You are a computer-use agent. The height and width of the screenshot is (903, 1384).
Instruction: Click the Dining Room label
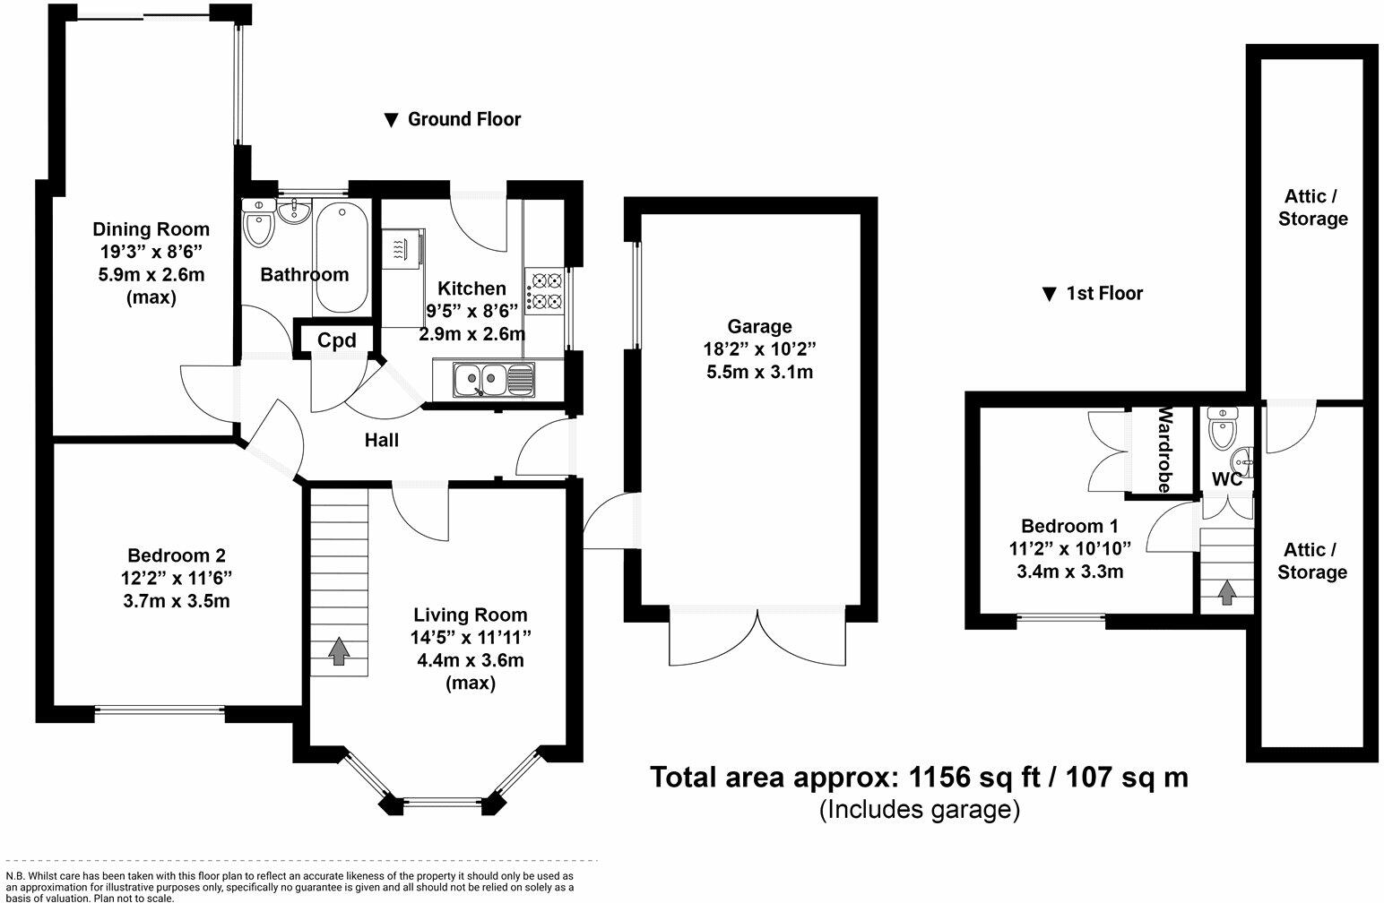pyautogui.click(x=151, y=229)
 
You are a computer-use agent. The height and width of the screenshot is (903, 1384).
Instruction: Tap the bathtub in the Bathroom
pyautogui.click(x=341, y=258)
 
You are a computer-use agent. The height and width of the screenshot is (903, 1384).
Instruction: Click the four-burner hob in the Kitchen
pyautogui.click(x=544, y=291)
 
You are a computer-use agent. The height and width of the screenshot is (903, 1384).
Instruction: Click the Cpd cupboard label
pyautogui.click(x=337, y=340)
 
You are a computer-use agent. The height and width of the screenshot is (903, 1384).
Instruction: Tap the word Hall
pyautogui.click(x=381, y=441)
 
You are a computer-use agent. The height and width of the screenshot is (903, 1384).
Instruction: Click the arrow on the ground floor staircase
pyautogui.click(x=338, y=651)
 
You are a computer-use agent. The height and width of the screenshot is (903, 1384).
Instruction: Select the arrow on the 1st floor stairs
pyautogui.click(x=1227, y=592)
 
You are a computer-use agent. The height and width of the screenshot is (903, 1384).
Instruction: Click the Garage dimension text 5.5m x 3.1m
pyautogui.click(x=759, y=373)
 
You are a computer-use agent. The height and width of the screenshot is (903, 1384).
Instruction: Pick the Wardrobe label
pyautogui.click(x=1164, y=450)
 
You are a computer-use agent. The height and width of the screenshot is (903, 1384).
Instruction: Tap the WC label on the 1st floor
pyautogui.click(x=1227, y=479)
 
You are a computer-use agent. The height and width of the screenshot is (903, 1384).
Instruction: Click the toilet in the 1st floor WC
pyautogui.click(x=1221, y=427)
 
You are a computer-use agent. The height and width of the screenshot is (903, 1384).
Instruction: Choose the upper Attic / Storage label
pyautogui.click(x=1313, y=208)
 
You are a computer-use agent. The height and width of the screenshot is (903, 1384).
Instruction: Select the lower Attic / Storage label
pyautogui.click(x=1312, y=561)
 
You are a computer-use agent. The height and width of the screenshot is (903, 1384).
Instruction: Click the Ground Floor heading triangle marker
pyautogui.click(x=391, y=120)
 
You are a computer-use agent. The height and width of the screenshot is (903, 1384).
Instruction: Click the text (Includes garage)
pyautogui.click(x=920, y=809)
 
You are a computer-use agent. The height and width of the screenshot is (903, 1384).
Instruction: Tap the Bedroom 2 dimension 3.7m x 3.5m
pyautogui.click(x=177, y=601)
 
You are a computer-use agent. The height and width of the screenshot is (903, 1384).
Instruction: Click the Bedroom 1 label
pyautogui.click(x=1070, y=526)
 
